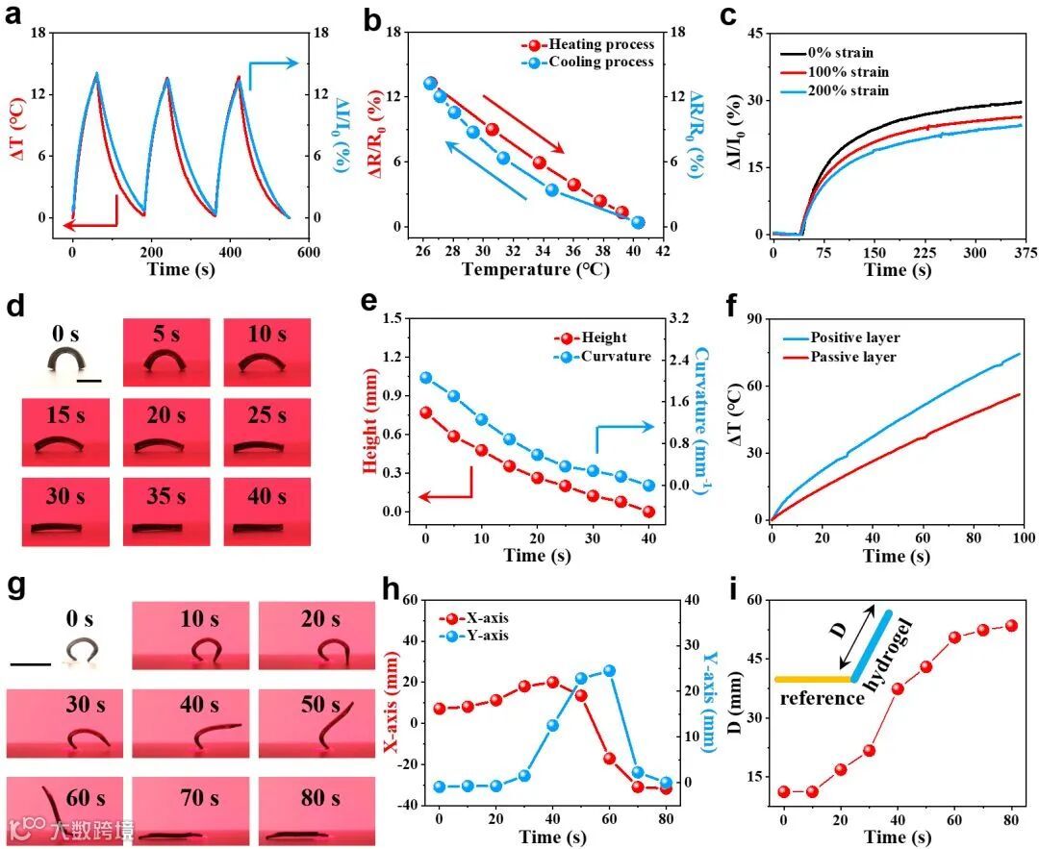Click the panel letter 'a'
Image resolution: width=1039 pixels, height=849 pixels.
pos(14,16)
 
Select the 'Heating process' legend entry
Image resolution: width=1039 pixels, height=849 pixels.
pos(600,44)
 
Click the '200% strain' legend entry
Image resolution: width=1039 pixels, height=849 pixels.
pos(848,90)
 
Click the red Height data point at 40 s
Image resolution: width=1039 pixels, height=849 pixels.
pos(649,512)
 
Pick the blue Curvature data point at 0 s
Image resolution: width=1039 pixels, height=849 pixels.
pos(425,378)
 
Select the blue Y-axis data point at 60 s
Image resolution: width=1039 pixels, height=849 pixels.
pos(609,670)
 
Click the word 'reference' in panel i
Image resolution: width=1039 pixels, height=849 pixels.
pos(821,699)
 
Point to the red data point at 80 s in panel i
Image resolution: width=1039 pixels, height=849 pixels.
pos(1011,625)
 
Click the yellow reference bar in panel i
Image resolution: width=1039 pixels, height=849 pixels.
pos(813,680)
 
